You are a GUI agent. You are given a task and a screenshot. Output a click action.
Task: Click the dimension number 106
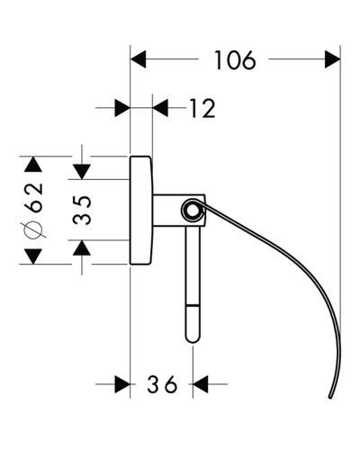235,60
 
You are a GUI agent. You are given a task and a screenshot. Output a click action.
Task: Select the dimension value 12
202,108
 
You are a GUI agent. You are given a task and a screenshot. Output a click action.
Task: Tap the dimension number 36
162,384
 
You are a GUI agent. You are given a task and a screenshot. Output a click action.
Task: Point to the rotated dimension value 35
82,210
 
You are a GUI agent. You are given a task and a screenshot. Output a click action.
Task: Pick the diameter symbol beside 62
33,230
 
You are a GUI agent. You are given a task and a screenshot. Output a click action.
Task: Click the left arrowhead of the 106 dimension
138,59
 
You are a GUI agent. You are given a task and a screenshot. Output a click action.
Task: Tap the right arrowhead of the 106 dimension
333,59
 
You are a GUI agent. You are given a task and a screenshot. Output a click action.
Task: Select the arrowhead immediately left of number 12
122,108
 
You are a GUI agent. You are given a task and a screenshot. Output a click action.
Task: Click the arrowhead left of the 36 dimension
122,384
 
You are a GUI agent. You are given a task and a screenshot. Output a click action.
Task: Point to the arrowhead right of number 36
200,384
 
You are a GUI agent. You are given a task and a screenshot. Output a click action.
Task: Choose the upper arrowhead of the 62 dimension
33,164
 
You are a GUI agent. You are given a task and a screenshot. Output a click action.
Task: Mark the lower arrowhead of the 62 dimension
33,256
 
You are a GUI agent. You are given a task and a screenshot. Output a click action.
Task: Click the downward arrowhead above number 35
82,172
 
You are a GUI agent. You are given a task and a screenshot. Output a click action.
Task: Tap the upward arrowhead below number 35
82,247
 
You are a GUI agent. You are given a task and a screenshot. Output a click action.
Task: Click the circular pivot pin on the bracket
193,211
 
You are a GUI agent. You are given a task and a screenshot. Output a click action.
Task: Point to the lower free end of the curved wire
330,397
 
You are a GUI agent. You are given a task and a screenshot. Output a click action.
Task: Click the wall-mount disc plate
141,211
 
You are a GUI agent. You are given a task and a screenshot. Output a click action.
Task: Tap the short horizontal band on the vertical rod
193,305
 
